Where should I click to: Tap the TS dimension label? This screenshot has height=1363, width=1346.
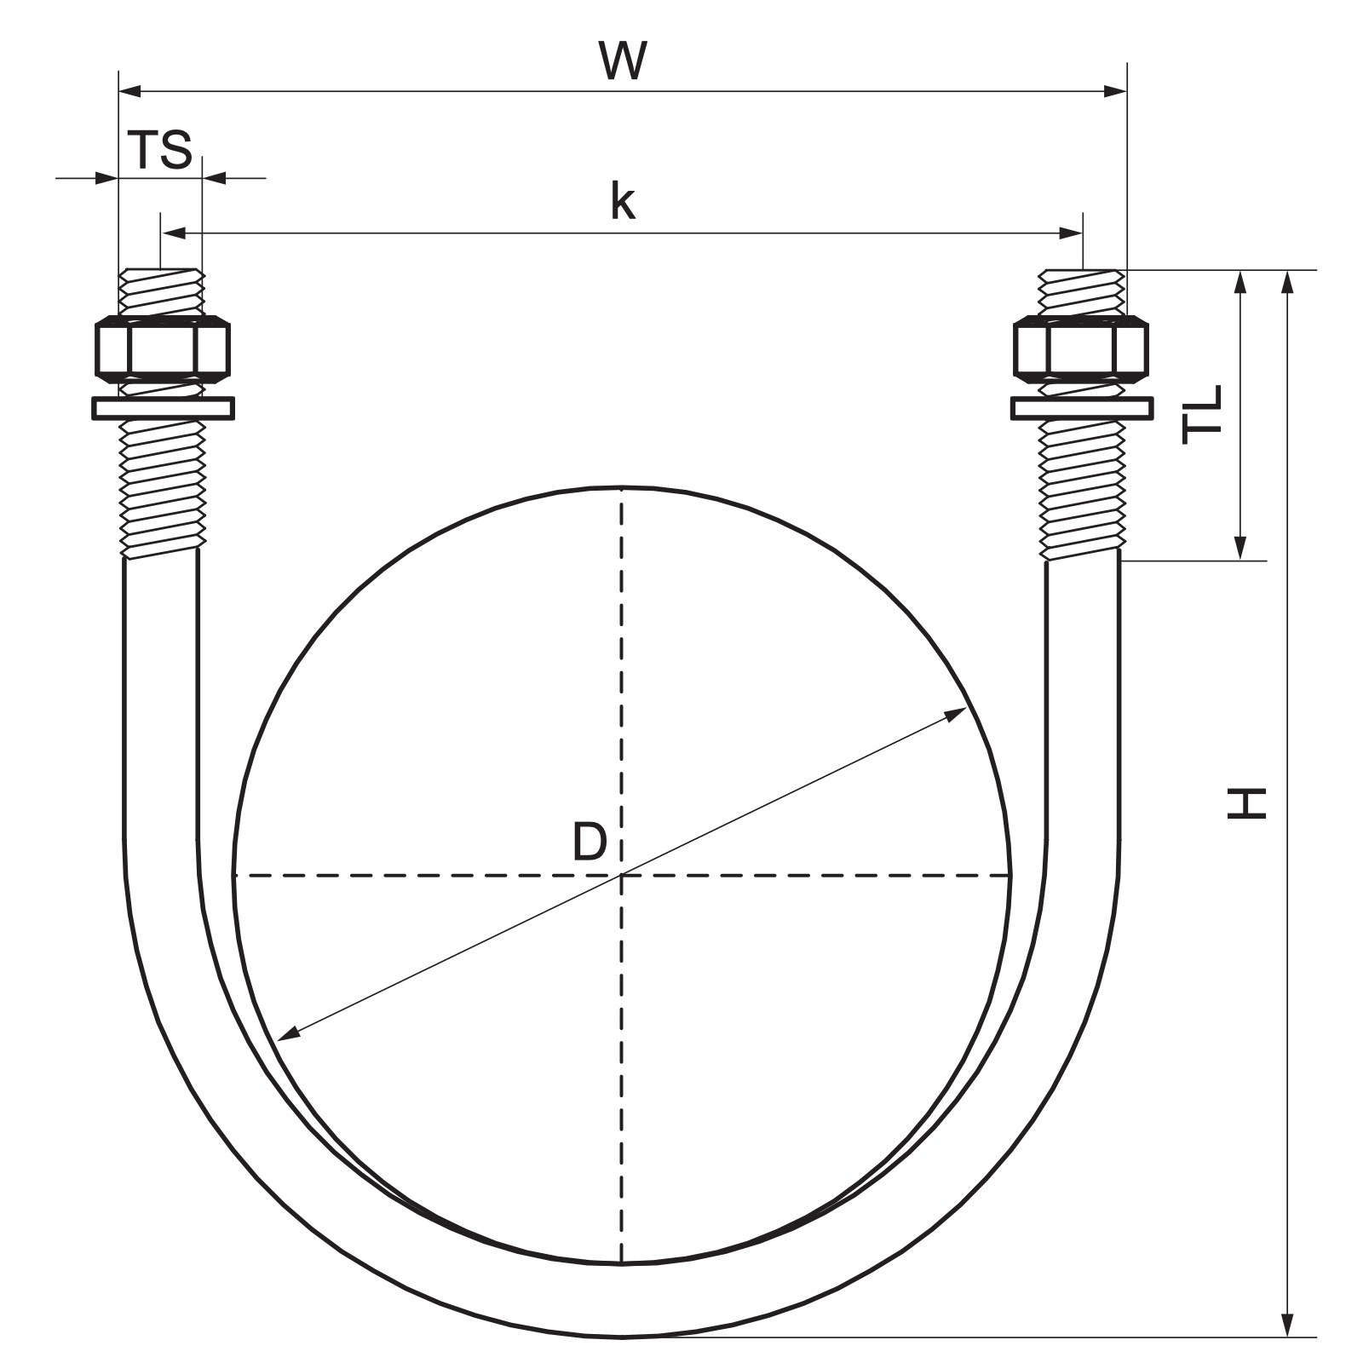click(x=160, y=150)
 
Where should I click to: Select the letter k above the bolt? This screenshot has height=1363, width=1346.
click(x=623, y=202)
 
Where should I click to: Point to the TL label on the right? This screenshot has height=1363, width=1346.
click(x=1202, y=415)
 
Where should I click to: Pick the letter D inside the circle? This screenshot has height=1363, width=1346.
click(x=589, y=843)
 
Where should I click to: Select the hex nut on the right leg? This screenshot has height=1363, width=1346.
click(x=1081, y=347)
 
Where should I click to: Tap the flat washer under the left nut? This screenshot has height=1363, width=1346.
click(x=163, y=408)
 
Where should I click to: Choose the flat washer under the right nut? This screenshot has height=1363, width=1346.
click(x=1082, y=408)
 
